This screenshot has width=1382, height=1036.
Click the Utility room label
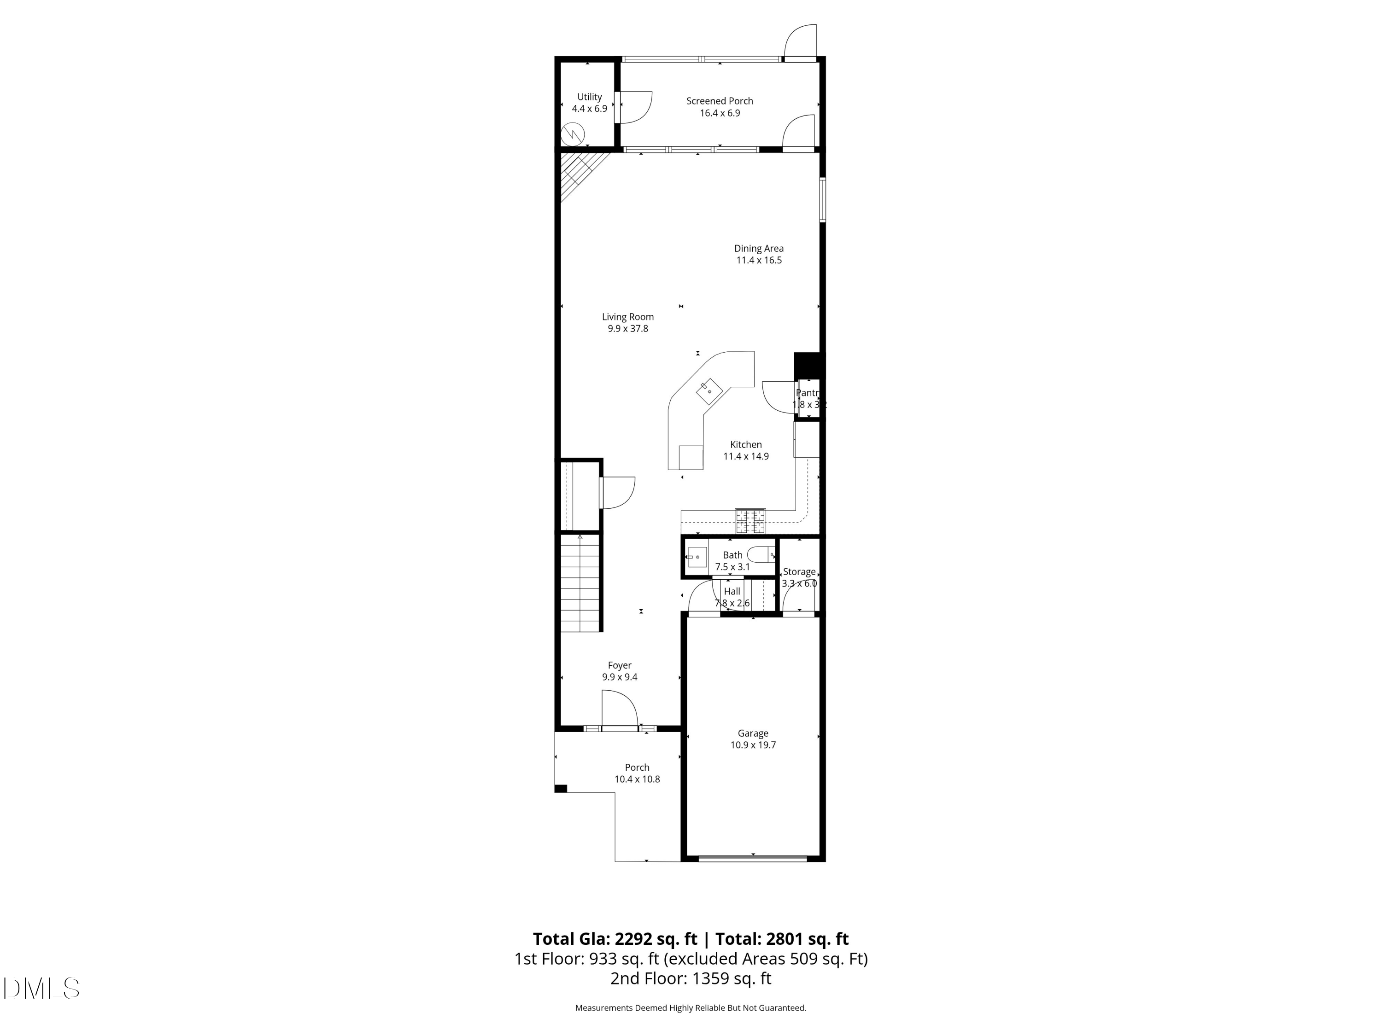pos(589,97)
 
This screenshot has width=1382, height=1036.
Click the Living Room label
pos(627,317)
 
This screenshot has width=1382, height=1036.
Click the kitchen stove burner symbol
pos(750,521)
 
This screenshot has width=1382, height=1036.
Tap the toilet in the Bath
pos(761,554)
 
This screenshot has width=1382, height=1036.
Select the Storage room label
pos(799,572)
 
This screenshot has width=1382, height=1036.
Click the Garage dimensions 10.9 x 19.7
pos(753,745)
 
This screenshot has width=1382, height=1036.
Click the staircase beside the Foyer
pos(580,584)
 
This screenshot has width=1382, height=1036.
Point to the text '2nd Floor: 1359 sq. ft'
pos(691,978)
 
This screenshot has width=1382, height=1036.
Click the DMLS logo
pos(41,988)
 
